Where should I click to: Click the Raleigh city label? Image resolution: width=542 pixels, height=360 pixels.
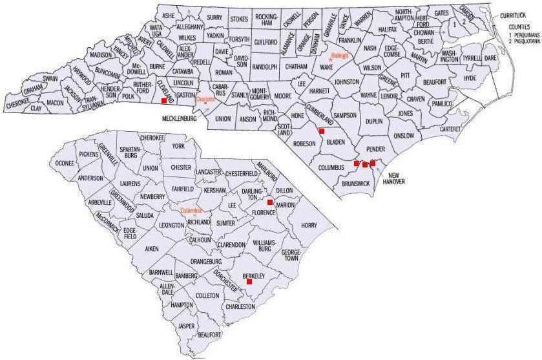(340, 56)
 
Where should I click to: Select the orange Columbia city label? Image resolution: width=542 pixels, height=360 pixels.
(191, 211)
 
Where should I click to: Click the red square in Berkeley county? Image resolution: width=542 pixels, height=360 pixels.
(249, 282)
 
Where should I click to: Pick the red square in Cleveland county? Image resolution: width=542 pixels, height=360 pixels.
(164, 101)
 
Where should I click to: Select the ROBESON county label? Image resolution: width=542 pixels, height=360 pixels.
(304, 143)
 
